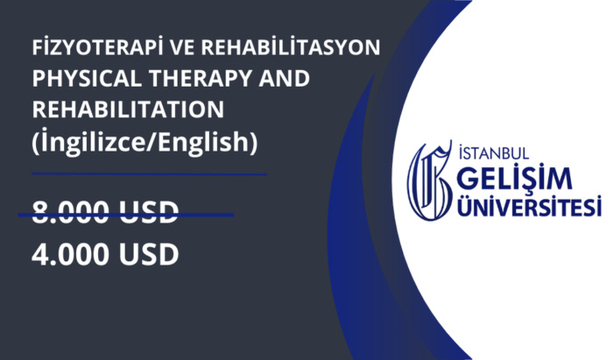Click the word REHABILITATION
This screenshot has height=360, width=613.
point(128,109)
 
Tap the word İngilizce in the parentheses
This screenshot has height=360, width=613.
point(94,142)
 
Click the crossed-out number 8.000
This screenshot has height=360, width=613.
point(70,212)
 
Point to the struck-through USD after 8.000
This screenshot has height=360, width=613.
point(149,212)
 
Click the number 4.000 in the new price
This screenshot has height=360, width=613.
point(70,255)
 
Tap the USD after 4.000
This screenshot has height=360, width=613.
point(149,255)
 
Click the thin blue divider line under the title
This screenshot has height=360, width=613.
point(150,174)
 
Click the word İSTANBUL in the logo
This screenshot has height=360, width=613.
point(494,152)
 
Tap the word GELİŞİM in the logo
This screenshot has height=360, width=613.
point(515,179)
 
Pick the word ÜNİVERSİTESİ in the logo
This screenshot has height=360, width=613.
point(530,206)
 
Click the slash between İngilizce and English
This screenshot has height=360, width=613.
point(152,142)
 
